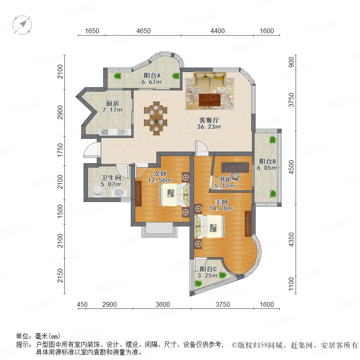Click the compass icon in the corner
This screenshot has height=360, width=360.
point(22,25)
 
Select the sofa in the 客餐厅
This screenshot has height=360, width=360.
point(210,76)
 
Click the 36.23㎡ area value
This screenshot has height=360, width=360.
point(209,127)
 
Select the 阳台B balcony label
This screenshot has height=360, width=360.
point(268,161)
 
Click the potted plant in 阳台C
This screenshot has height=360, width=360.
point(198,283)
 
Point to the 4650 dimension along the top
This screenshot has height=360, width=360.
point(143,31)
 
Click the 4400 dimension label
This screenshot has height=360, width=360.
point(218,31)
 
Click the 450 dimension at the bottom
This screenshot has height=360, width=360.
point(82,304)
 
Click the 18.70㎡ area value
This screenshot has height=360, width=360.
point(221,208)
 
